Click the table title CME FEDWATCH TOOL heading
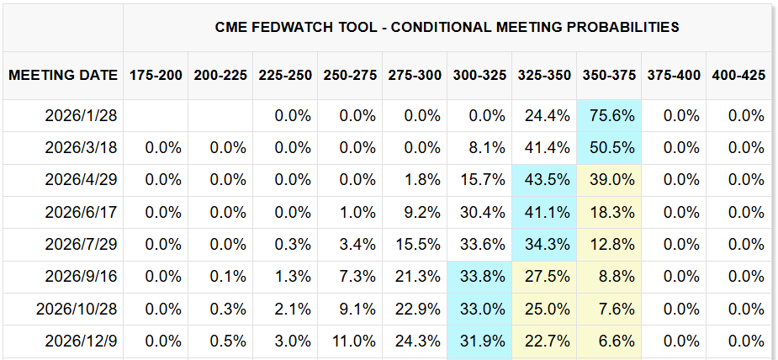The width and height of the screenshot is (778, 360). click(x=447, y=27)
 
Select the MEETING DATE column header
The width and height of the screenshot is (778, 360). click(x=63, y=75)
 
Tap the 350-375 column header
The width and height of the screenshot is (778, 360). click(x=609, y=75)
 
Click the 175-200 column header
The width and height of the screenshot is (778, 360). click(x=156, y=75)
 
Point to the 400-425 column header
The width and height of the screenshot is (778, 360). click(x=738, y=75)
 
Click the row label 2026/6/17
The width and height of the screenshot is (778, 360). click(x=81, y=213)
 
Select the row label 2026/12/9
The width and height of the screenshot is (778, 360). click(x=81, y=341)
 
